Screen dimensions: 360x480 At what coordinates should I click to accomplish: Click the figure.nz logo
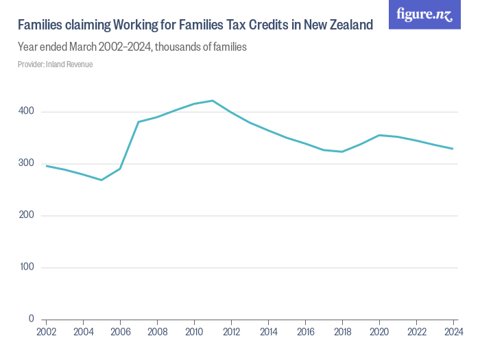424,14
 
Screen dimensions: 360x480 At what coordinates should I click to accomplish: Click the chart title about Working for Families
195,25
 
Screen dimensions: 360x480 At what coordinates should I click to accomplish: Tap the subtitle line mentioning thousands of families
132,47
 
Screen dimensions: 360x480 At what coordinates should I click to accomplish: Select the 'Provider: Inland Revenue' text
55,64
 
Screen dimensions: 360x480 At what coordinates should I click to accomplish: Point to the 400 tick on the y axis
27,112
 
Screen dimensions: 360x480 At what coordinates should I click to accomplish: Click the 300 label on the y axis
27,164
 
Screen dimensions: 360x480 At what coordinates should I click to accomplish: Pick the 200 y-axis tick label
27,216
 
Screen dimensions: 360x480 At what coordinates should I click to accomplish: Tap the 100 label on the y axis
27,267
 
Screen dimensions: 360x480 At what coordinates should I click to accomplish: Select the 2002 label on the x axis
46,331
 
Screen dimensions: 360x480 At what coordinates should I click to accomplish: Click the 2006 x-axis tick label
120,331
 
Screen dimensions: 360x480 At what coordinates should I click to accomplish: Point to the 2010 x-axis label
194,331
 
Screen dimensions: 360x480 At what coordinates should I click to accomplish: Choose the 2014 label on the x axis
268,331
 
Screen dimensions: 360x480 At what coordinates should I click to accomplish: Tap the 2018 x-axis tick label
342,331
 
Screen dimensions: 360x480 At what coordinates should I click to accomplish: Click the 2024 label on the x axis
453,331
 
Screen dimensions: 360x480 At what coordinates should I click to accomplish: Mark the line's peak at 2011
213,101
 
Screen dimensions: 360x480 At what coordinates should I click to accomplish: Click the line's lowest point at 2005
101,180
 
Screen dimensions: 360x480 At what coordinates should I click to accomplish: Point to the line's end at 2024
453,149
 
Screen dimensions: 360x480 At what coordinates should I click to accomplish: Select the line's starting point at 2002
46,166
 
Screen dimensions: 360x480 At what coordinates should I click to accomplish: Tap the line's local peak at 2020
379,135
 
